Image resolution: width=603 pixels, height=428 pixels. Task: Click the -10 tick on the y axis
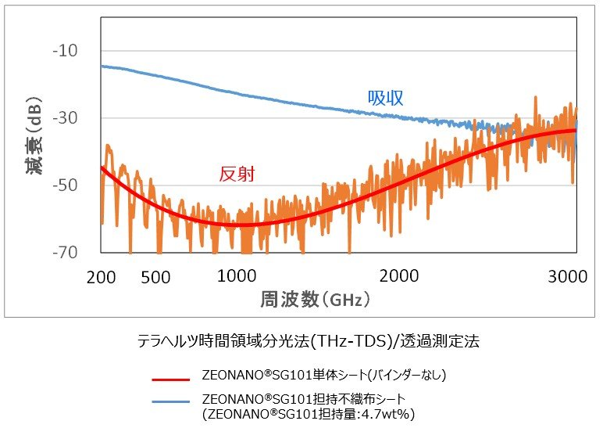[65, 50]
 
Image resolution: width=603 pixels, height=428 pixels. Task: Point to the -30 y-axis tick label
[65, 118]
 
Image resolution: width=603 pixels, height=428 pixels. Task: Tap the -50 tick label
[65, 185]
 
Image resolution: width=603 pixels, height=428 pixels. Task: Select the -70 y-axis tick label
[65, 253]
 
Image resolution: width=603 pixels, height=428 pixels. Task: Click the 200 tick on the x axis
[101, 277]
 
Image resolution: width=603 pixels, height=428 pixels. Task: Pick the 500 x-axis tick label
[155, 277]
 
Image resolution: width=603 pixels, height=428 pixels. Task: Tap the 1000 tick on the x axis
[237, 276]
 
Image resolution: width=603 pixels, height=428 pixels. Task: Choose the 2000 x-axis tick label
[399, 276]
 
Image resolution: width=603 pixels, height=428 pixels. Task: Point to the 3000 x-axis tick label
[568, 277]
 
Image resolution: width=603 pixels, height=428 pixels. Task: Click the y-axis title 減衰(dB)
[34, 135]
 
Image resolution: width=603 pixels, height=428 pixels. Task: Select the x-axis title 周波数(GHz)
[315, 299]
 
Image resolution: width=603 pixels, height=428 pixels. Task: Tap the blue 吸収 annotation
[385, 99]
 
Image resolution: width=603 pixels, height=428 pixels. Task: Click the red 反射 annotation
[237, 174]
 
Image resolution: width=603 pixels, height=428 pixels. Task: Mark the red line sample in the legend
[171, 379]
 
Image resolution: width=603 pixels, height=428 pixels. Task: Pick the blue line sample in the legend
[171, 402]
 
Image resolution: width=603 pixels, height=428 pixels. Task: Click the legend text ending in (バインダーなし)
[324, 375]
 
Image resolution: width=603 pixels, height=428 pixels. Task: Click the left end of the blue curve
[101, 67]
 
